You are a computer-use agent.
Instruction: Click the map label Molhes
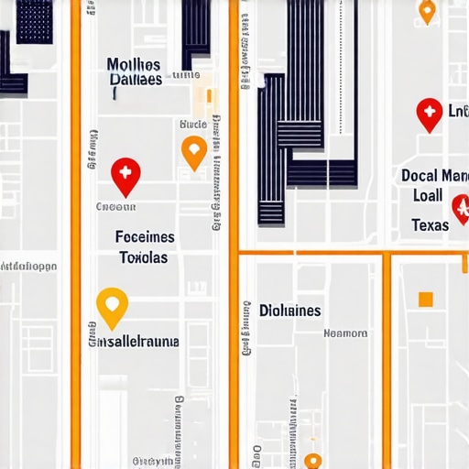pyautogui.click(x=134, y=64)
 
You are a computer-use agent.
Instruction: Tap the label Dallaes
pyautogui.click(x=136, y=80)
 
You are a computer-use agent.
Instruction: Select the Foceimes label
pyautogui.click(x=145, y=237)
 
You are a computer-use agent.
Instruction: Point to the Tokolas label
pyautogui.click(x=144, y=257)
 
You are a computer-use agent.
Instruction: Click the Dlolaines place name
pyautogui.click(x=289, y=311)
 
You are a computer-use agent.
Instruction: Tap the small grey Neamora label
pyautogui.click(x=346, y=333)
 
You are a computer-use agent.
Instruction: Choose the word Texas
pyautogui.click(x=430, y=225)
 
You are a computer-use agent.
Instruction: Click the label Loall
pyautogui.click(x=427, y=195)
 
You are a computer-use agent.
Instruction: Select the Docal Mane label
pyautogui.click(x=434, y=175)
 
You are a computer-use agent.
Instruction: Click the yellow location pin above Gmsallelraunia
pyautogui.click(x=111, y=306)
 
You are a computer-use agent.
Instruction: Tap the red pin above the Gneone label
pyautogui.click(x=125, y=175)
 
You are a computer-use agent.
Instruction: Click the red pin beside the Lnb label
pyautogui.click(x=429, y=114)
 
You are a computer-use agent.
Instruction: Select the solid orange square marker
pyautogui.click(x=425, y=299)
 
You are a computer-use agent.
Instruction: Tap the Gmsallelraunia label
pyautogui.click(x=134, y=342)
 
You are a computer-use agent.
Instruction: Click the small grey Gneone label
pyautogui.click(x=115, y=207)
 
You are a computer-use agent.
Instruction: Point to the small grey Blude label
pyautogui.click(x=193, y=124)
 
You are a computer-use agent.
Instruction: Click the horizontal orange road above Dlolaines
pyautogui.click(x=311, y=252)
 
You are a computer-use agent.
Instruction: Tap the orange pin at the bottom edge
pyautogui.click(x=313, y=462)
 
